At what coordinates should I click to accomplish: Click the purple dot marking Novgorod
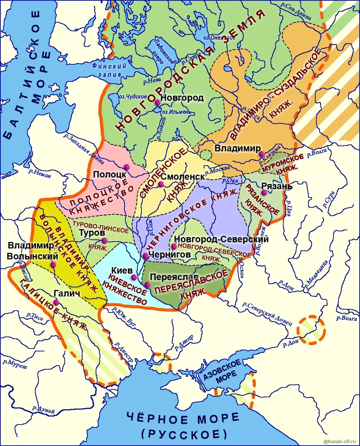157,103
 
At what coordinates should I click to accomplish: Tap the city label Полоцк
109,174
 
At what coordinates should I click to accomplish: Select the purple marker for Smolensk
161,184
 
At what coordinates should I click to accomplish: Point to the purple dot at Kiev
134,277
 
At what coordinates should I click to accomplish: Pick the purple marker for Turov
105,240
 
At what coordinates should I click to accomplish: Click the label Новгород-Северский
221,239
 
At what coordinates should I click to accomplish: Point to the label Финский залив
109,70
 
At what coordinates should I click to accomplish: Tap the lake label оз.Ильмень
176,112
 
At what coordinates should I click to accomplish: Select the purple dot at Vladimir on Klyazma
261,154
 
